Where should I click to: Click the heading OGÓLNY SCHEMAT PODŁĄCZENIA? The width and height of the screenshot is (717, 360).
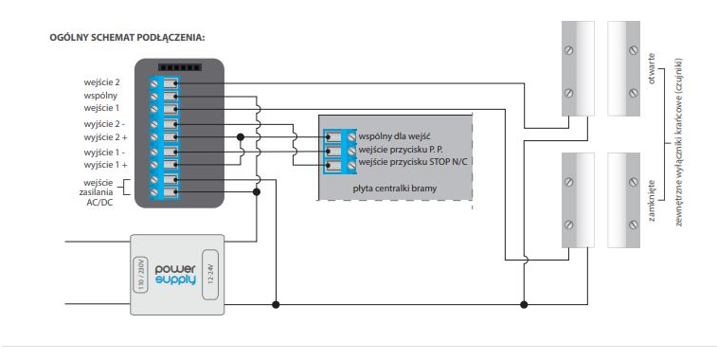(127, 38)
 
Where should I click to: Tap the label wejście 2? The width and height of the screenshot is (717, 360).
(101, 82)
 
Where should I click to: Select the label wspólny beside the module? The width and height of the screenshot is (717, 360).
(100, 96)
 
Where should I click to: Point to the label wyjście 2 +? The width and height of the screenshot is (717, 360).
(106, 137)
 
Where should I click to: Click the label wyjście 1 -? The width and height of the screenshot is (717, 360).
(105, 153)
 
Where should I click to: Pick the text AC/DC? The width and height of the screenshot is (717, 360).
(99, 202)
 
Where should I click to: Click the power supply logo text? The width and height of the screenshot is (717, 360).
(175, 275)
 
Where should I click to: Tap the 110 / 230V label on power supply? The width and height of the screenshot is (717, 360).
(141, 274)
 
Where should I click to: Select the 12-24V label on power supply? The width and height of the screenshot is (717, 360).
(210, 274)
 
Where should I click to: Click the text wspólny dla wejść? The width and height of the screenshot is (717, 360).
(394, 136)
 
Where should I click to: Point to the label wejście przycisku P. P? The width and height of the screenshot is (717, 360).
(401, 150)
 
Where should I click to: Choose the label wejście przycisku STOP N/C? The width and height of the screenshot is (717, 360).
(412, 162)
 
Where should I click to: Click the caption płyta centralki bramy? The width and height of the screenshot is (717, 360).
(395, 189)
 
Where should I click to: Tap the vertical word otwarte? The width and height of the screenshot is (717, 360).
(652, 69)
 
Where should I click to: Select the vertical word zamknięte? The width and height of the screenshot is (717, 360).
(652, 200)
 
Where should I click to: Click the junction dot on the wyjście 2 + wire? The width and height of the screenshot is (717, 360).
(241, 137)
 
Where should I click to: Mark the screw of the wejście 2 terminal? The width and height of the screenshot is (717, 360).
(154, 83)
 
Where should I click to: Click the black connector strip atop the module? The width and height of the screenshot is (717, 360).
(180, 67)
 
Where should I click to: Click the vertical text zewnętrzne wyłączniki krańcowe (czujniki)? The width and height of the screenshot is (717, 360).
(678, 142)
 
